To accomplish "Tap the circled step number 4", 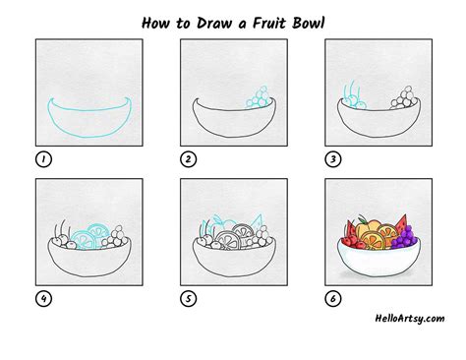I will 43,299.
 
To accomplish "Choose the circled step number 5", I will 187,299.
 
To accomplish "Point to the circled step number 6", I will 331,299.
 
